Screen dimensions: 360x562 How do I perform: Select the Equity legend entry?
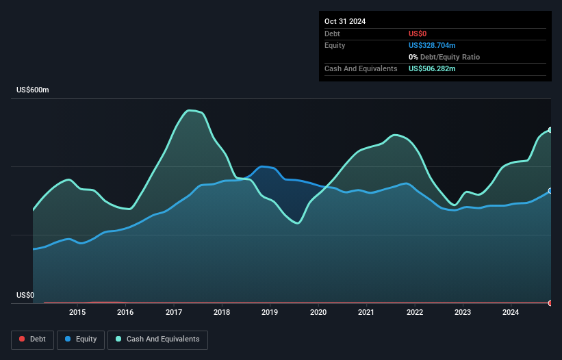(81, 339)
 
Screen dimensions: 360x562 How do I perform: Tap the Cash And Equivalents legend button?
(157, 339)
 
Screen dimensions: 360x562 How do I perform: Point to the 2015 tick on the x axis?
(77, 313)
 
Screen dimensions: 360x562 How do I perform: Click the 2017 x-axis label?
(174, 313)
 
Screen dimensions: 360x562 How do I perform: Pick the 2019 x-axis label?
(270, 313)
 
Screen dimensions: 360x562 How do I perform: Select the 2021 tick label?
(366, 313)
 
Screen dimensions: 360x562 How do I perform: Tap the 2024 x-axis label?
(511, 313)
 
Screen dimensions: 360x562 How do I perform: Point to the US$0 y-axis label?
(25, 296)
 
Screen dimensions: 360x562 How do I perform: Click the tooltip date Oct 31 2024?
(345, 21)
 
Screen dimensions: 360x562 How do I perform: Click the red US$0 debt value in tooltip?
(418, 34)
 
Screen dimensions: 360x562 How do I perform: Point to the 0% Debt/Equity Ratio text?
(444, 57)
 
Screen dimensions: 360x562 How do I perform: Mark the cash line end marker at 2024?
(550, 130)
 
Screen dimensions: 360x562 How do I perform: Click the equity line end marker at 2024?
(550, 191)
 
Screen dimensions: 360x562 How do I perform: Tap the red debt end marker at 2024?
(550, 303)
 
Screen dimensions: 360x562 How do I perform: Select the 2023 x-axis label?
(463, 313)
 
